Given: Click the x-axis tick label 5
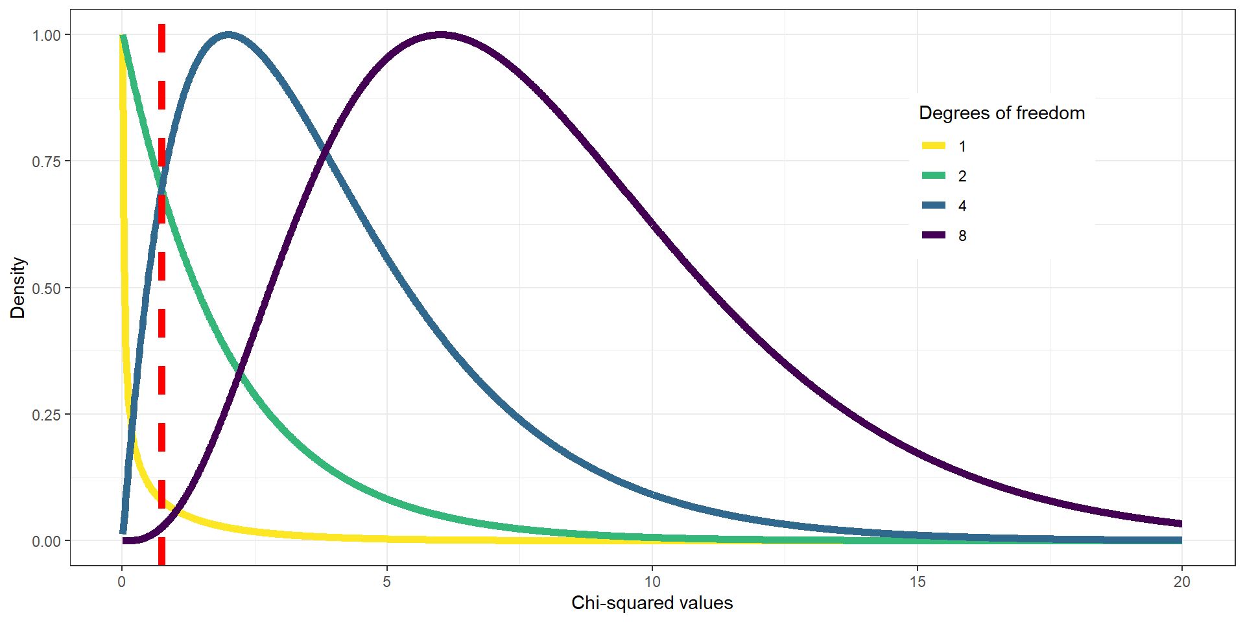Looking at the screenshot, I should pos(386,582).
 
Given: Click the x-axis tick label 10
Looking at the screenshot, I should pos(652,582).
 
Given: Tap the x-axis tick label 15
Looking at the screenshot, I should pos(917,582).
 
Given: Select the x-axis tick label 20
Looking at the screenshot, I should pos(1181,582).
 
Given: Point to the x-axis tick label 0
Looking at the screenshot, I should pos(121,582).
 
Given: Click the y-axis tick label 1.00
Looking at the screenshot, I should pos(46,36).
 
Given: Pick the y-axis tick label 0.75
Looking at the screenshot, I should pos(46,161).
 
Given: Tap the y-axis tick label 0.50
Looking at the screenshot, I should pos(46,288).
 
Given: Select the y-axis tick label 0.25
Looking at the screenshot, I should pos(46,415).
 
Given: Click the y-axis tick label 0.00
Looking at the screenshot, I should pos(46,541).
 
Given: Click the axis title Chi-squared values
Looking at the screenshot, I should pos(652,603).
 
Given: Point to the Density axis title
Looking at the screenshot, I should pos(18,288).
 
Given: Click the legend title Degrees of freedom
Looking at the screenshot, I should pos(1002,113).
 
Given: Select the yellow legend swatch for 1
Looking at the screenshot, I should pos(934,146).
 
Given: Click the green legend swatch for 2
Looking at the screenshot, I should pos(934,176).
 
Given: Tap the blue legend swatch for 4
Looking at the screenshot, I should pos(934,205).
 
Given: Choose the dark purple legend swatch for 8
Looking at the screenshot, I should pos(934,235).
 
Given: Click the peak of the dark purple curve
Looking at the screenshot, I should pos(440,35).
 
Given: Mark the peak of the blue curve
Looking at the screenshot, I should pos(228,35).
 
